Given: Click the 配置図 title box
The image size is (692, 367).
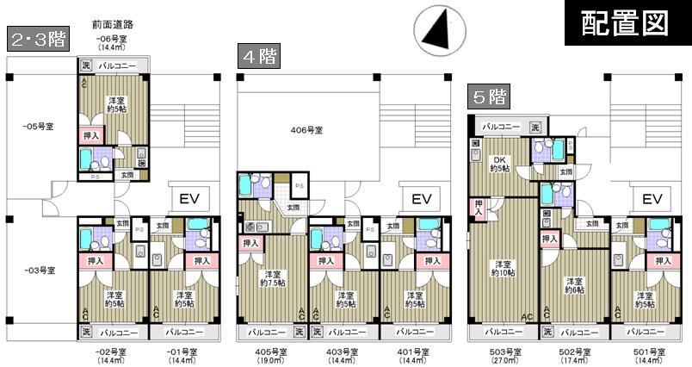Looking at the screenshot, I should coord(626,23).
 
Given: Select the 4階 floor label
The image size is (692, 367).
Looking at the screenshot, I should coord(259,57).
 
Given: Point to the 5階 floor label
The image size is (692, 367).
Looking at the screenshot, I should coord(487,95).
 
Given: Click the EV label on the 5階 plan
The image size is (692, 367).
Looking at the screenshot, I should coord(652,199).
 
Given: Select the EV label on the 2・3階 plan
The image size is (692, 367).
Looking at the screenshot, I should coord(188,199).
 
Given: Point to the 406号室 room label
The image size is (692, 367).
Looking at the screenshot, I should coord(306,130).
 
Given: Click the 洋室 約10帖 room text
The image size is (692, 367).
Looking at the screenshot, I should coord(504,269).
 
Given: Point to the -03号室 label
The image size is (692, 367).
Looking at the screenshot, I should coord(39,271).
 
